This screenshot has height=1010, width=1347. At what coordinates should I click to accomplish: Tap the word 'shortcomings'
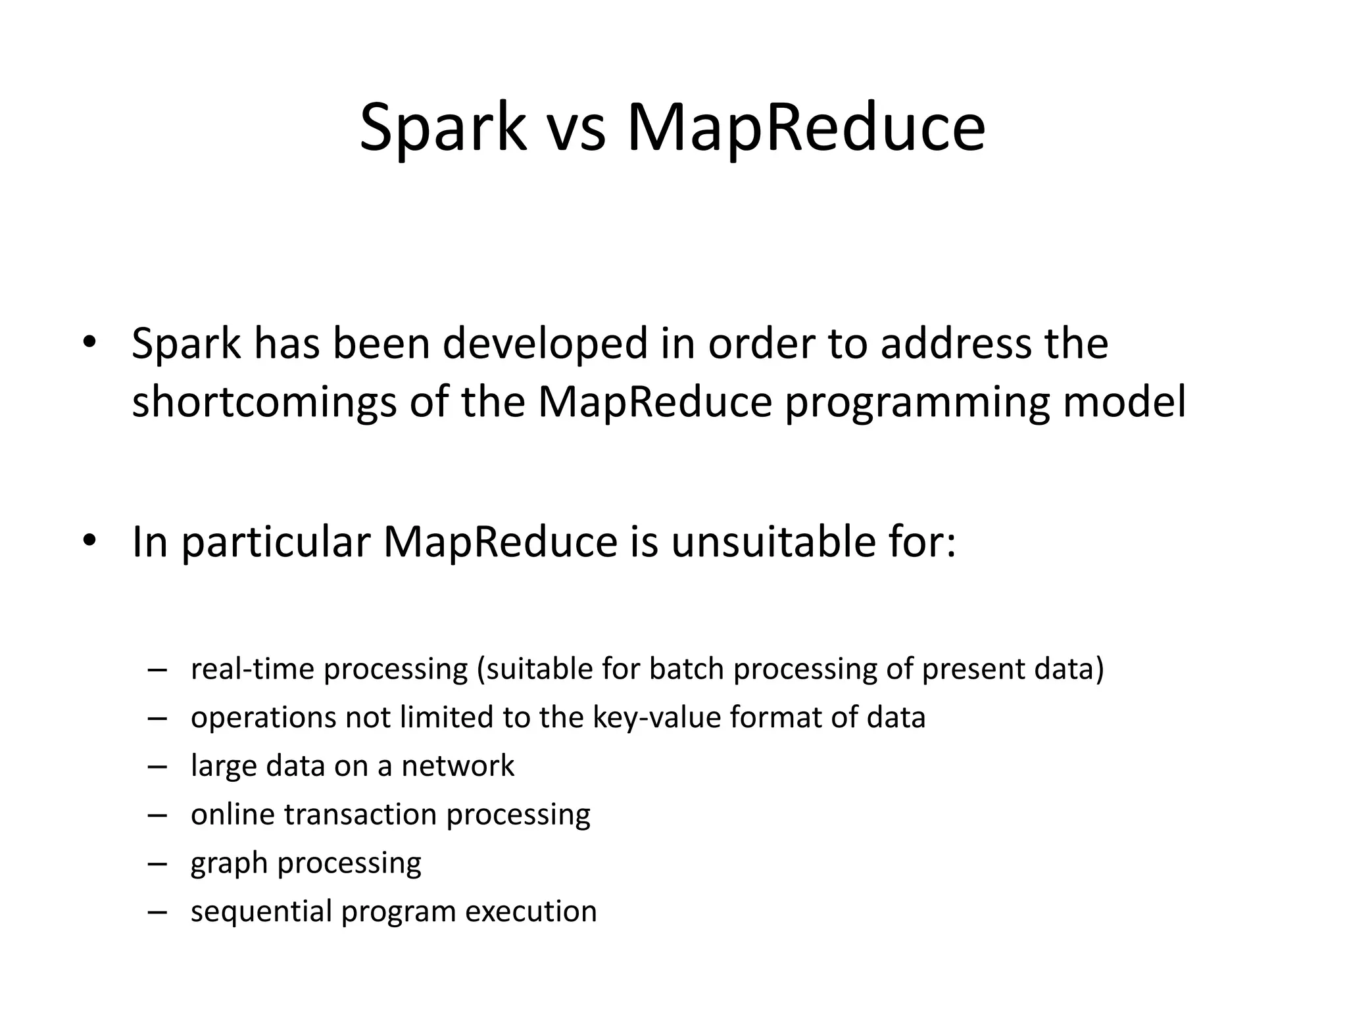[264, 402]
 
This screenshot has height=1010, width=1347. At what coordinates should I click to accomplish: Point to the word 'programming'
[917, 402]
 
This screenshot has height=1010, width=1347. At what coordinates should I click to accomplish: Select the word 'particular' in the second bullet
[277, 543]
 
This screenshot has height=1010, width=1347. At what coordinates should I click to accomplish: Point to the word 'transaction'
[360, 815]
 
